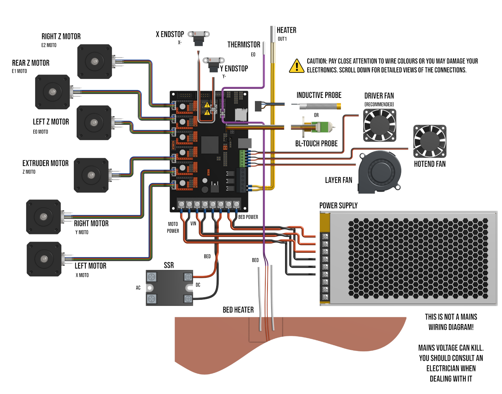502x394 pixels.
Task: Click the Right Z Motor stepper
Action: (x=95, y=61)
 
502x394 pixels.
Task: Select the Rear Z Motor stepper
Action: (x=52, y=92)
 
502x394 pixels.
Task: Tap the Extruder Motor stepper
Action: (x=91, y=175)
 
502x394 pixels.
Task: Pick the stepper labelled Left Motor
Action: (x=44, y=259)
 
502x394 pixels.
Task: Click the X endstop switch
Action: (x=199, y=37)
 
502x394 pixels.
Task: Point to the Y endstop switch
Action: (x=214, y=63)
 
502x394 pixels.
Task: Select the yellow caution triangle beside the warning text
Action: (x=297, y=66)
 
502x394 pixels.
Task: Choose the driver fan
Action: (x=380, y=125)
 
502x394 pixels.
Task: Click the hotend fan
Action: (x=430, y=141)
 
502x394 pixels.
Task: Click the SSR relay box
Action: (x=169, y=288)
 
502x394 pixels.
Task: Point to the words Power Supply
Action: (x=338, y=205)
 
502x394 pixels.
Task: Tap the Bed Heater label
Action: (x=238, y=310)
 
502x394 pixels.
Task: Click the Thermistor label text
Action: (x=244, y=45)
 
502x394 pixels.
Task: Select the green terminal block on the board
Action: (x=242, y=158)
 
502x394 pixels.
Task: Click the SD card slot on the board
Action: (x=240, y=114)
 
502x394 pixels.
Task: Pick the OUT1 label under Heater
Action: (x=282, y=39)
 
